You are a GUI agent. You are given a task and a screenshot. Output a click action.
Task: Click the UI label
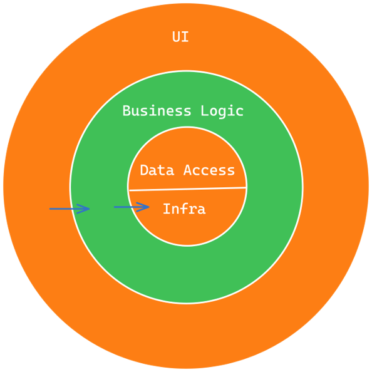click(180, 37)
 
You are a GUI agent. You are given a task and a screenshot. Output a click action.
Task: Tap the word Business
click(157, 111)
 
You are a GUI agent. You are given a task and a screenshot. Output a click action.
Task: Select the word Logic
click(222, 111)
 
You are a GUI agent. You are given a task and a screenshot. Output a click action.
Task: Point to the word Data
click(157, 170)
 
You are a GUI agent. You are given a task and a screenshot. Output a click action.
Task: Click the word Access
click(209, 170)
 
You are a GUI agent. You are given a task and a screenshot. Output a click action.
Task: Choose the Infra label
click(184, 209)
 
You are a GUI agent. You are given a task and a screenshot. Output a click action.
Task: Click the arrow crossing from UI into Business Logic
click(70, 209)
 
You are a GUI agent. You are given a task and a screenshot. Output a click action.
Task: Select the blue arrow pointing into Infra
click(132, 207)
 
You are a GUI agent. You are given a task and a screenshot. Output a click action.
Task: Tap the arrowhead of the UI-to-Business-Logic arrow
click(83, 209)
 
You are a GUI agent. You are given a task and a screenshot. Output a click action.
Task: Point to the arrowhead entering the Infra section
click(143, 207)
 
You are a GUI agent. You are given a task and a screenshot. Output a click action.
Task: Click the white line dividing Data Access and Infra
click(187, 189)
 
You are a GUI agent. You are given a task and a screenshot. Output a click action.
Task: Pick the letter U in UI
click(176, 37)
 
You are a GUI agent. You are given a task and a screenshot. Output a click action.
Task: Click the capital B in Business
click(127, 111)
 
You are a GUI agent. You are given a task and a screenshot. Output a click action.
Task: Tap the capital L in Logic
click(205, 111)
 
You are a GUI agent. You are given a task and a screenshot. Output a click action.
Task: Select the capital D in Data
click(144, 170)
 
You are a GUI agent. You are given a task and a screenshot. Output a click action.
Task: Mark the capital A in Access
click(188, 170)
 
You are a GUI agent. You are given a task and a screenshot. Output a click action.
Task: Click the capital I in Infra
click(167, 209)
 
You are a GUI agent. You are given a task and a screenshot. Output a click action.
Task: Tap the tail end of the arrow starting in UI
click(49, 209)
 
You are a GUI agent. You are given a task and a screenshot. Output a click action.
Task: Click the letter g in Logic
click(222, 113)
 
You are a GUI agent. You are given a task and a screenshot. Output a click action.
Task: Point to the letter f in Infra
click(184, 209)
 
